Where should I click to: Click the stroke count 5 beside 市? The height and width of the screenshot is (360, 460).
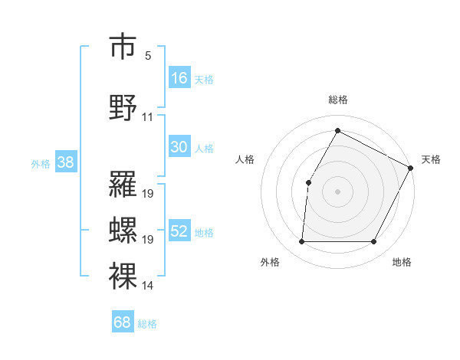point(148,56)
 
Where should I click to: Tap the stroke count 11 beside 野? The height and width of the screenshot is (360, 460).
point(148,117)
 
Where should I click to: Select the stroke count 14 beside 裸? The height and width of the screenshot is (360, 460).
point(148,286)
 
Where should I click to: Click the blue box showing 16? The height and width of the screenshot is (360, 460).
point(179,77)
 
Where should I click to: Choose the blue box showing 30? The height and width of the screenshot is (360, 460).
point(179,147)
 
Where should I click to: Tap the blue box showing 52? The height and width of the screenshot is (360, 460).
point(179,231)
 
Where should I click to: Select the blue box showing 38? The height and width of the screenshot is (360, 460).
point(66,162)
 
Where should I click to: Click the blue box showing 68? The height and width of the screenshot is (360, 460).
point(123,322)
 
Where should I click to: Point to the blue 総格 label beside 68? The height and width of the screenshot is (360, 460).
point(148,324)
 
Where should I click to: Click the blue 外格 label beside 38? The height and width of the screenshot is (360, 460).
point(41,163)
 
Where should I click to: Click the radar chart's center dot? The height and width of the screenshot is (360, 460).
point(337,191)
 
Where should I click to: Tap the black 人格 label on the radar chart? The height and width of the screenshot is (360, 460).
point(245,159)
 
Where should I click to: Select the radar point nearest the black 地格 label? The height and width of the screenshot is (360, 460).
point(374,242)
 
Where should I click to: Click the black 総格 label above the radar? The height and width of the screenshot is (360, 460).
point(338,100)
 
